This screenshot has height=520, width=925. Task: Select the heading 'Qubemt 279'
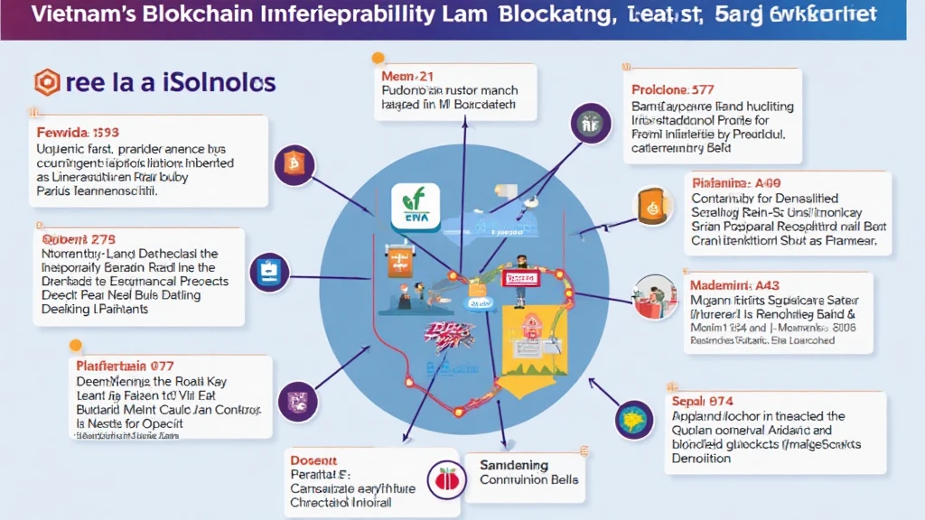pyautogui.click(x=79, y=239)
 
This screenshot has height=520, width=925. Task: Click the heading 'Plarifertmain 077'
pyautogui.click(x=123, y=367)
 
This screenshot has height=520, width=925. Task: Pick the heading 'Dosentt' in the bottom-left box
pyautogui.click(x=313, y=458)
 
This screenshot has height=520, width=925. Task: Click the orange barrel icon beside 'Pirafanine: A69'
pyautogui.click(x=649, y=206)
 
